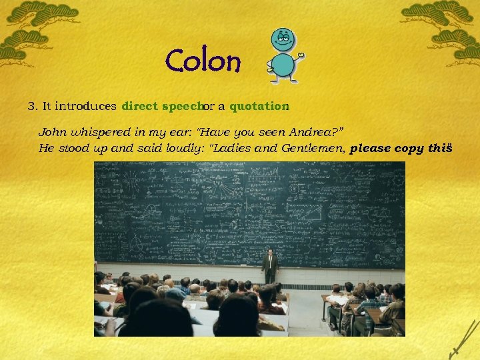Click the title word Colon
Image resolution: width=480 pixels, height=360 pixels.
tap(203, 62)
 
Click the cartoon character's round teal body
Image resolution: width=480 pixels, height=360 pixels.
tap(283, 65)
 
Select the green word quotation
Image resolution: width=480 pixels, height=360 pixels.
tap(257, 106)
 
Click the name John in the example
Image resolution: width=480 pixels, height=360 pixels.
tap(51, 133)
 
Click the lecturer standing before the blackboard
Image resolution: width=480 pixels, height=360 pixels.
tap(269, 266)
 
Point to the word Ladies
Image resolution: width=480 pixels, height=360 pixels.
tap(233, 149)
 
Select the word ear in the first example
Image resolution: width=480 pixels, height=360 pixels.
tap(177, 133)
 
